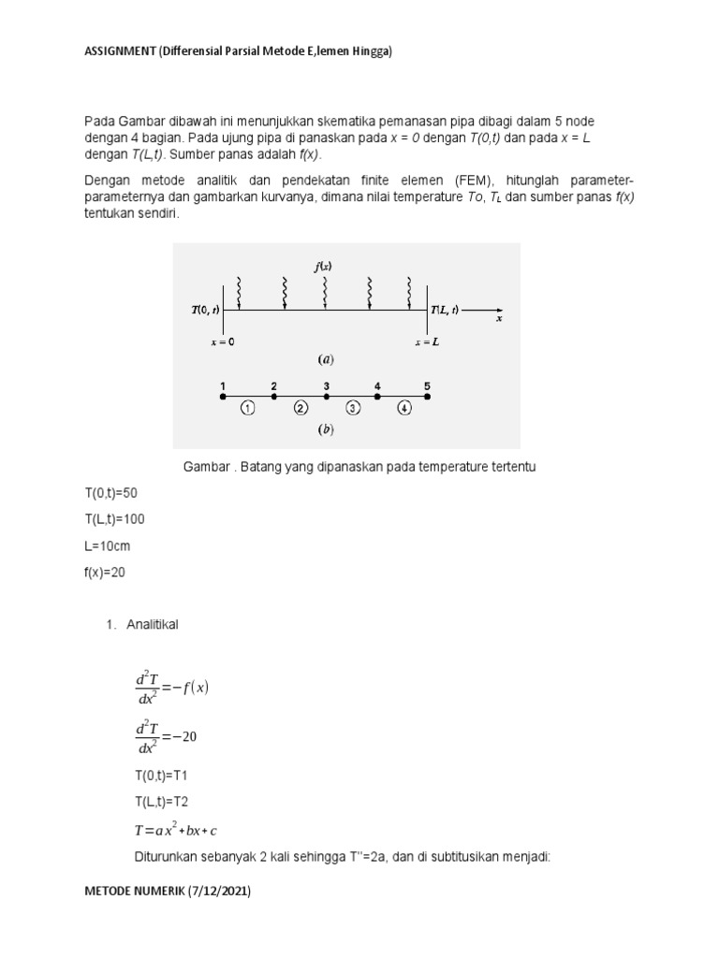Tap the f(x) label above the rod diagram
[x=323, y=267]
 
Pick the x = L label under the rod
[x=428, y=342]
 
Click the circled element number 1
[x=247, y=408]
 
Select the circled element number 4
[x=403, y=408]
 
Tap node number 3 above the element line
[x=326, y=385]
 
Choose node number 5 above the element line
[x=428, y=385]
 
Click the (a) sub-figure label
[x=326, y=358]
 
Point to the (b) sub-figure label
[x=326, y=431]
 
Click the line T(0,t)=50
[x=110, y=492]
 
